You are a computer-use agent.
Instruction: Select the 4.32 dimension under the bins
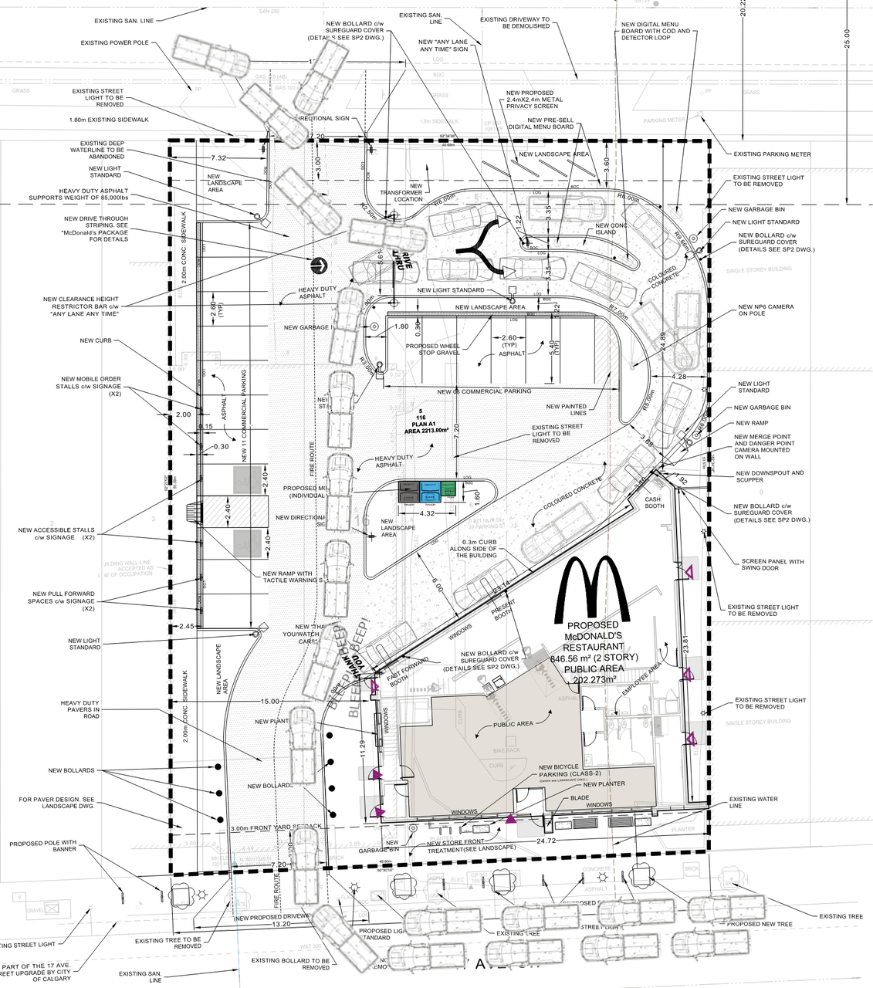pos(427,513)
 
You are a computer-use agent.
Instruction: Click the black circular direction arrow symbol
pos(318,266)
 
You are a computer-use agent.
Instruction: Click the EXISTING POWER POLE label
pos(114,43)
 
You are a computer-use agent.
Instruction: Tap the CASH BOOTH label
pos(654,502)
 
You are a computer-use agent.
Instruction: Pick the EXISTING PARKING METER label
pos(772,154)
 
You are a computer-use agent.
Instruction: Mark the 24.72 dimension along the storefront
pos(546,841)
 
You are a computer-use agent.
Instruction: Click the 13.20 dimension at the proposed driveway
pos(282,924)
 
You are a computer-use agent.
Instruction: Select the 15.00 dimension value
pos(269,702)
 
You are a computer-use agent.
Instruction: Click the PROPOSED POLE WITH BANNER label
pos(43,846)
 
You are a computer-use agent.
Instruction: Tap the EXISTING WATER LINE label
pos(753,802)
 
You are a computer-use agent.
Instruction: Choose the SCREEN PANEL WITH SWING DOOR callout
pos(772,565)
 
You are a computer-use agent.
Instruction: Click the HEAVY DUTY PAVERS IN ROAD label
pos(80,709)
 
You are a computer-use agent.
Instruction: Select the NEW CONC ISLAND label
pos(611,228)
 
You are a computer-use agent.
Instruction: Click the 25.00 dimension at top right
pos(847,39)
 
